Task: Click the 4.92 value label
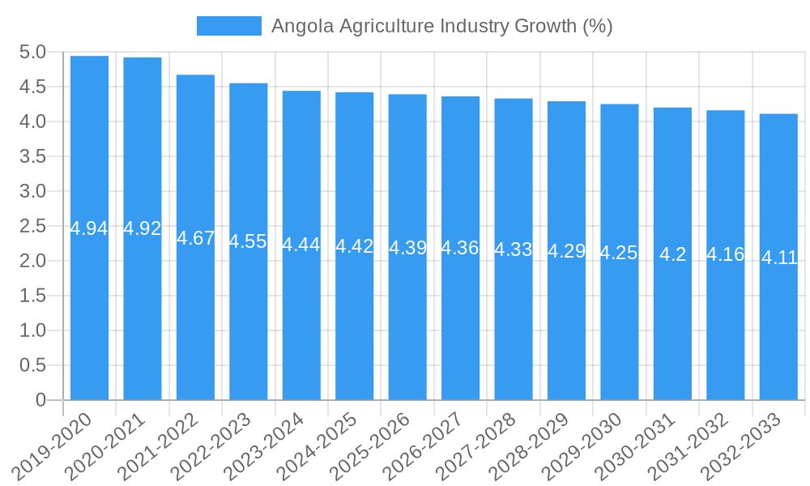point(143,228)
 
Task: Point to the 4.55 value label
point(248,241)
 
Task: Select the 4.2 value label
point(672,254)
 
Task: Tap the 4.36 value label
point(460,248)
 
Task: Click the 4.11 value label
point(779,258)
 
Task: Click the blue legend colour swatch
point(228,26)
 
